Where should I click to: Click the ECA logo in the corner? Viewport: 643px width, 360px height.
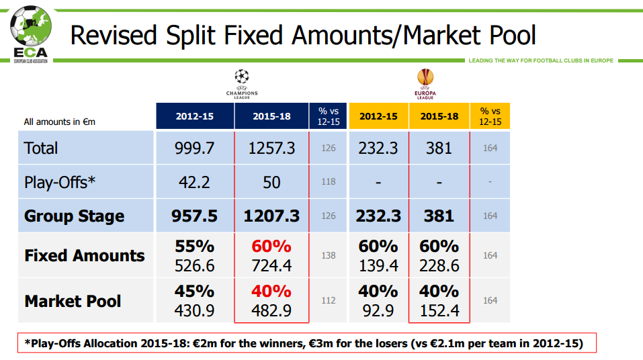[28, 34]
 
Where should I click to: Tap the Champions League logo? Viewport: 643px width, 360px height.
[241, 83]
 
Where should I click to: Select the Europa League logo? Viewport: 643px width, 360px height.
[425, 83]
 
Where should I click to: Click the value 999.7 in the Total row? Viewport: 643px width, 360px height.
[195, 148]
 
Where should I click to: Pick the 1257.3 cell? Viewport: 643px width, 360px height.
[271, 148]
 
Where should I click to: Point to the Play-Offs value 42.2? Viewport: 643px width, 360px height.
[195, 182]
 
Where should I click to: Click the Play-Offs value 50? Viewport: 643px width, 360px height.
[271, 182]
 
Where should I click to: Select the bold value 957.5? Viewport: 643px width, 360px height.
[195, 216]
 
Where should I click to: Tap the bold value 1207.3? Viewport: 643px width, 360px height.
[271, 216]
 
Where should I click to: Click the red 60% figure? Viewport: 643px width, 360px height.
[271, 246]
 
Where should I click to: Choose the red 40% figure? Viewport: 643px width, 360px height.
[271, 291]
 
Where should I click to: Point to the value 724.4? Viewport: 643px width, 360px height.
[271, 266]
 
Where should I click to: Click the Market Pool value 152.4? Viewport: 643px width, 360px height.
[439, 311]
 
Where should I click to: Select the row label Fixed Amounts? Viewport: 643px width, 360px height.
[85, 255]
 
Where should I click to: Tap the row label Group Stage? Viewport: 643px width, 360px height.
[74, 216]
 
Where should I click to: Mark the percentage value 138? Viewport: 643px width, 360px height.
[328, 255]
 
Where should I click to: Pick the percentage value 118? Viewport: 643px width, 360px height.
[328, 182]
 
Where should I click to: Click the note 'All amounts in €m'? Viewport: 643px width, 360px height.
[60, 122]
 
